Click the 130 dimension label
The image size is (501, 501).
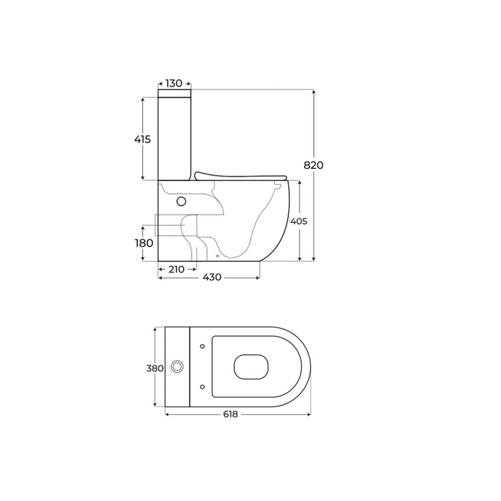[174, 83]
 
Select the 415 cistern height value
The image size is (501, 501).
[142, 140]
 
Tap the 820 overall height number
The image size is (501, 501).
[313, 165]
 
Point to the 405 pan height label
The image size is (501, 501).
[299, 221]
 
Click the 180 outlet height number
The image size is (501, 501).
[144, 243]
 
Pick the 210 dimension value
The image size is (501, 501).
[176, 269]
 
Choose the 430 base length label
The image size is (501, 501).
[212, 277]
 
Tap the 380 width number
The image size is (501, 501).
[155, 368]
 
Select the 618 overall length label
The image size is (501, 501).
[230, 414]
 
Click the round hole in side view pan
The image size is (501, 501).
[181, 201]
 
